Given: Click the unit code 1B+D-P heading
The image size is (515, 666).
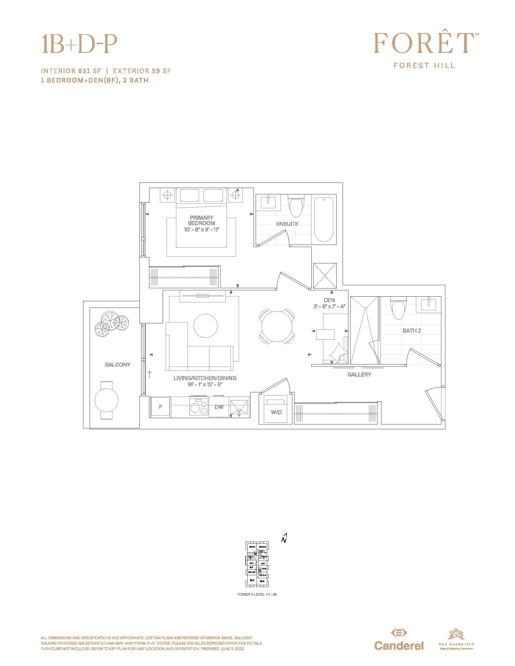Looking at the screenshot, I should pyautogui.click(x=79, y=44).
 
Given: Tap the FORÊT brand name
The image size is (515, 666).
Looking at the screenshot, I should pyautogui.click(x=424, y=43).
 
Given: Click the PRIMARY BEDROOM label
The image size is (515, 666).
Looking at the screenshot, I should pyautogui.click(x=201, y=220).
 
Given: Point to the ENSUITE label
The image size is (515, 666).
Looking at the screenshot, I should pyautogui.click(x=287, y=224).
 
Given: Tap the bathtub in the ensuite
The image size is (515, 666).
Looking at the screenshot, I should pyautogui.click(x=324, y=219).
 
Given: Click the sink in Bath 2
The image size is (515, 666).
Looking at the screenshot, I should pyautogui.click(x=429, y=304).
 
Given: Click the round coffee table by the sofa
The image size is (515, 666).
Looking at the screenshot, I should pyautogui.click(x=206, y=325).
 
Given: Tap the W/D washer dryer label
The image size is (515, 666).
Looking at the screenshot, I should pyautogui.click(x=276, y=412).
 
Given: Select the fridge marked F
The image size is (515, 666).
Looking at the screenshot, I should pyautogui.click(x=161, y=407).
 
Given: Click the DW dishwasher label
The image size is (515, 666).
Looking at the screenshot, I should pyautogui.click(x=219, y=407).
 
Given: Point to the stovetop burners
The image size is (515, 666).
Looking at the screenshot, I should pyautogui.click(x=199, y=407).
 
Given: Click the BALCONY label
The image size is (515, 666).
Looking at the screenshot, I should pyautogui.click(x=118, y=365).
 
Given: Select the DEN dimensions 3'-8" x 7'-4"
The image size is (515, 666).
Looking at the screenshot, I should pyautogui.click(x=329, y=306).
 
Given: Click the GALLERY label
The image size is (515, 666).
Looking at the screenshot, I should pyautogui.click(x=359, y=374).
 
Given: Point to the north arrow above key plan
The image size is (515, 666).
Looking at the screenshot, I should pyautogui.click(x=285, y=538).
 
